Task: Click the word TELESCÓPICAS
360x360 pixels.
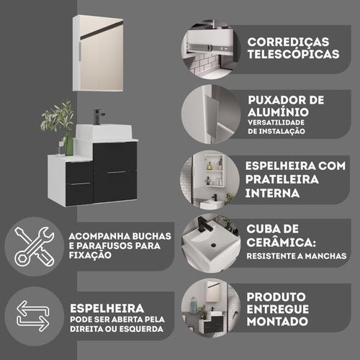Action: [293, 54]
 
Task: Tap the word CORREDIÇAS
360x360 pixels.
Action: [288, 42]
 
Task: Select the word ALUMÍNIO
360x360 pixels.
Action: [278, 112]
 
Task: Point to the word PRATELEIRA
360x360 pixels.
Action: [282, 179]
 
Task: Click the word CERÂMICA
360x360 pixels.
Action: [279, 243]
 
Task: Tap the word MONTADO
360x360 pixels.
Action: [277, 321]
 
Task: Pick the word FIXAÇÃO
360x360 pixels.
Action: [90, 255]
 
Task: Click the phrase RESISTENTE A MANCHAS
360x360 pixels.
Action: [297, 256]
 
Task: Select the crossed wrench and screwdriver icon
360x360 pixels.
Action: [35, 246]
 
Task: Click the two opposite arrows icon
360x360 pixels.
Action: [33, 316]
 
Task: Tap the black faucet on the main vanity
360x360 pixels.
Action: [99, 117]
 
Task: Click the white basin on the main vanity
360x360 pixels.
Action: [104, 132]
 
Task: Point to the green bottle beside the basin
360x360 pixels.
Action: [69, 146]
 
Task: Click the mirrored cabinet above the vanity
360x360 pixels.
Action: [98, 53]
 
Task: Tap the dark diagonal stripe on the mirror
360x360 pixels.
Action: [102, 30]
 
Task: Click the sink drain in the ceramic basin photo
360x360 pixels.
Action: [213, 245]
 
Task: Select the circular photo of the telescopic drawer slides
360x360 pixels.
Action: [210, 49]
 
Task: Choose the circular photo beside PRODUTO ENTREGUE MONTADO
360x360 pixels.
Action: [210, 308]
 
